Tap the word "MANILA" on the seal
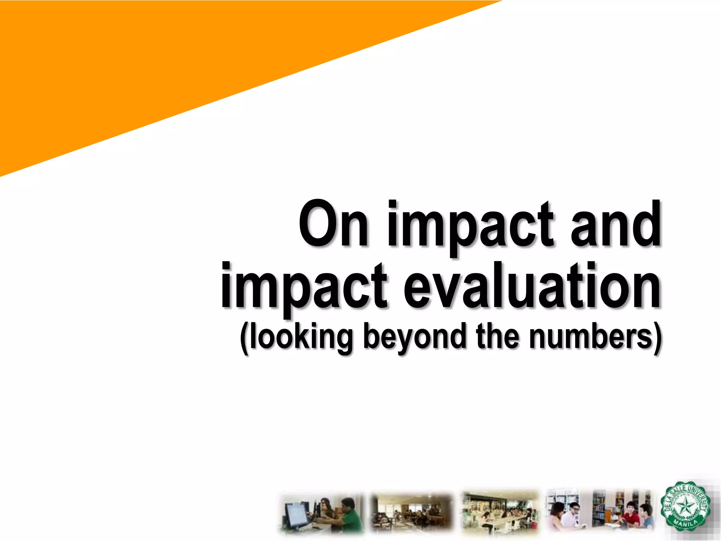pyautogui.click(x=685, y=526)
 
